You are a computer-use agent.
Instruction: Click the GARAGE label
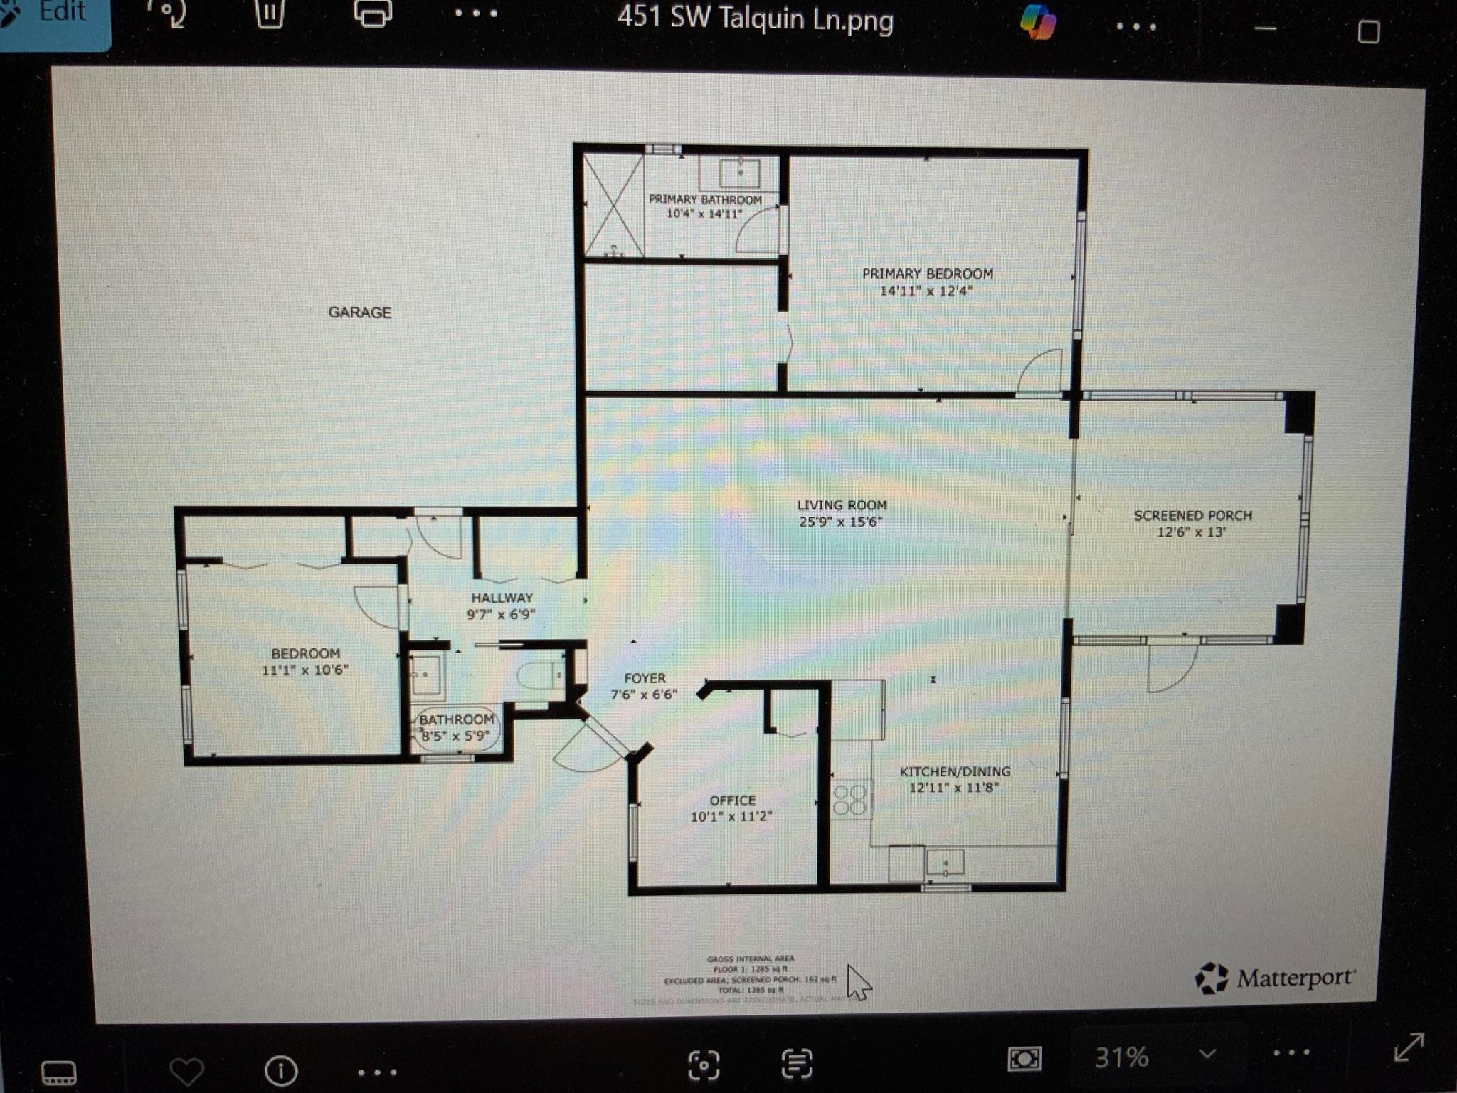pos(359,312)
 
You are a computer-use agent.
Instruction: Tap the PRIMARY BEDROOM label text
pos(927,274)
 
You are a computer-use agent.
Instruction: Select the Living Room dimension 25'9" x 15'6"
pos(840,522)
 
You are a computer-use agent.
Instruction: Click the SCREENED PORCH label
pos(1192,515)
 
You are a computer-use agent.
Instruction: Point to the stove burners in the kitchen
pos(849,799)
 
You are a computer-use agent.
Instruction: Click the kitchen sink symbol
pos(945,862)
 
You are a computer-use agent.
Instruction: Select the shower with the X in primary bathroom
pos(613,206)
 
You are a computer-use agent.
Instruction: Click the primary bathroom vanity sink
pos(740,172)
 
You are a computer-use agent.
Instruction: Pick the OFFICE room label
pos(732,801)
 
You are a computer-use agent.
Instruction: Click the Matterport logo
pos(1276,978)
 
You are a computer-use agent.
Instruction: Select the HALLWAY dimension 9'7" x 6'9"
pos(501,614)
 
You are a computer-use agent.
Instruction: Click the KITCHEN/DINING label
pos(955,771)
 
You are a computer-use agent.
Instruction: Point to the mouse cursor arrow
pos(858,983)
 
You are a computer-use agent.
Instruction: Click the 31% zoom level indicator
pos(1121,1057)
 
